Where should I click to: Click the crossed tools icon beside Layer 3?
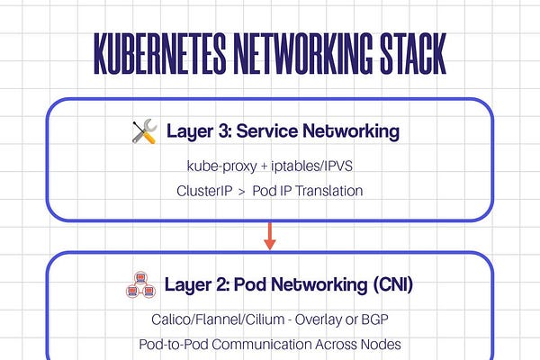click(x=144, y=132)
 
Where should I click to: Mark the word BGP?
click(x=382, y=319)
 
